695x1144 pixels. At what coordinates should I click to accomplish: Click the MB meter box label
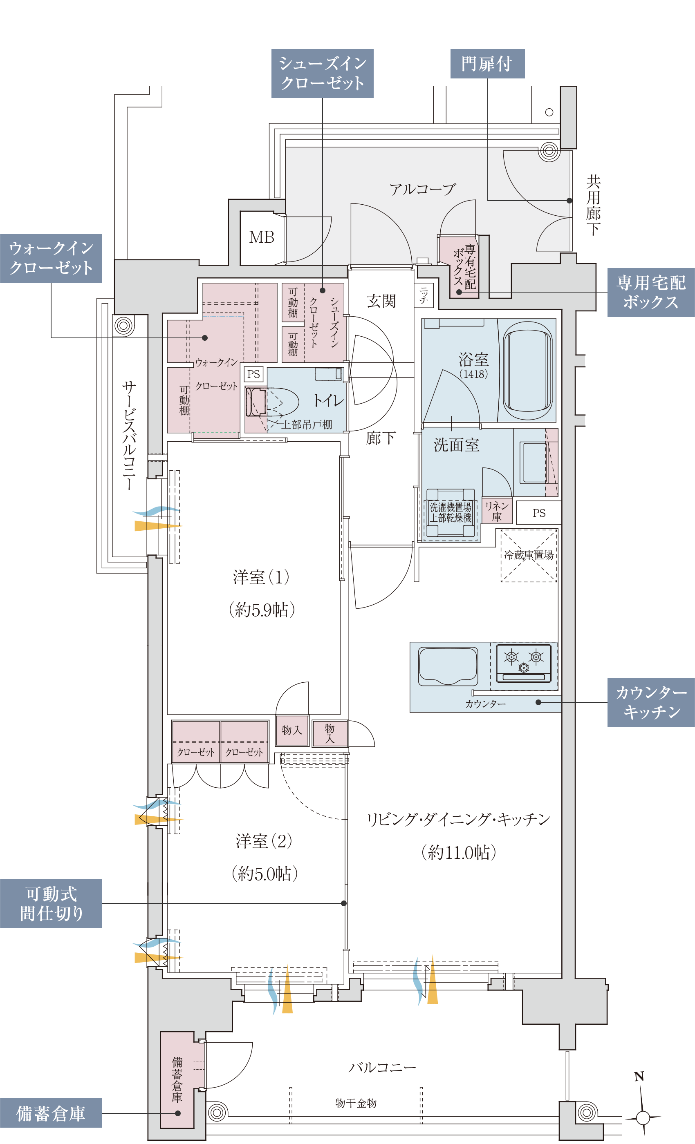click(262, 237)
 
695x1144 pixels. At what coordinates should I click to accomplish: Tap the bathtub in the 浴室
click(527, 370)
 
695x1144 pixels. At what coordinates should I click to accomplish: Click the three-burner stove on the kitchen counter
click(524, 663)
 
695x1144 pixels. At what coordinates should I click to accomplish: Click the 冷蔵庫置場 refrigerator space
click(529, 555)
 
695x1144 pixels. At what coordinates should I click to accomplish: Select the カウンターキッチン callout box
click(651, 702)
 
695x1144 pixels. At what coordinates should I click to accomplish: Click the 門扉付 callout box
click(487, 64)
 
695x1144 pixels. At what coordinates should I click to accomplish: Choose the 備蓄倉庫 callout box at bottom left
click(51, 1113)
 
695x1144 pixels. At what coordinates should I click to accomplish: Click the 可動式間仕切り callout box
click(51, 903)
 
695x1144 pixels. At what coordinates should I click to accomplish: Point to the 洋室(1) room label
click(261, 577)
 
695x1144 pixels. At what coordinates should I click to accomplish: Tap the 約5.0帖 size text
click(265, 874)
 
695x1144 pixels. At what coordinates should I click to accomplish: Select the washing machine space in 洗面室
click(450, 513)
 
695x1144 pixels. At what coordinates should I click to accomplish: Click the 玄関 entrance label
click(381, 301)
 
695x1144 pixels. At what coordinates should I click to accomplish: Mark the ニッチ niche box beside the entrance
click(424, 295)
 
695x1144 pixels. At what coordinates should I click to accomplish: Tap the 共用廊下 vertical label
click(593, 205)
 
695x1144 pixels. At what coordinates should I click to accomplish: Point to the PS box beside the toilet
click(253, 374)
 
